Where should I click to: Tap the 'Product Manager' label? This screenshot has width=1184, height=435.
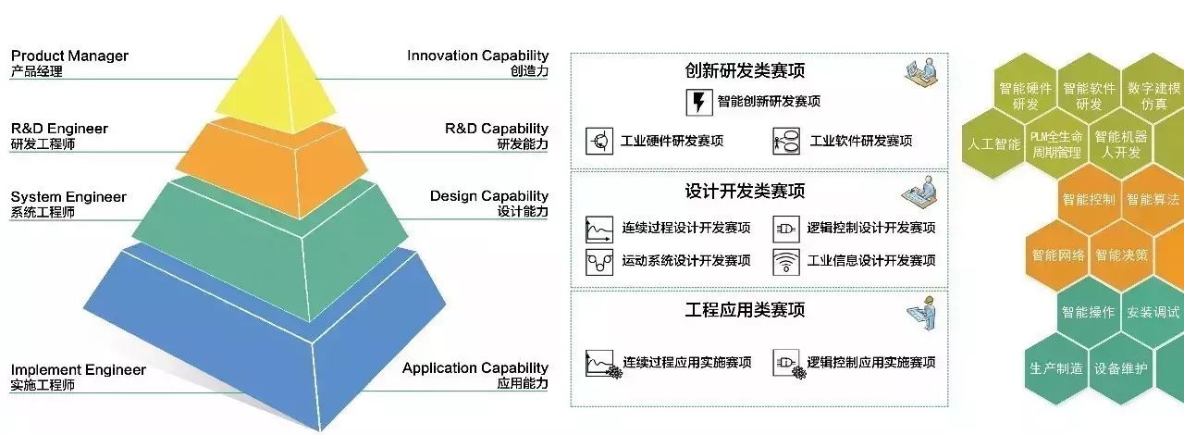pyautogui.click(x=69, y=56)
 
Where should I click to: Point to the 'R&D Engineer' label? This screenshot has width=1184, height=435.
pyautogui.click(x=59, y=129)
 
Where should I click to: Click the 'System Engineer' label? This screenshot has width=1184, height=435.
pyautogui.click(x=68, y=197)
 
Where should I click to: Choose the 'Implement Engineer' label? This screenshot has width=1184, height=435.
pyautogui.click(x=78, y=370)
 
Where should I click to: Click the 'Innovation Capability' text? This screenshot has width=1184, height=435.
pyautogui.click(x=477, y=56)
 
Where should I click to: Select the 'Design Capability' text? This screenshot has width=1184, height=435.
pyautogui.click(x=488, y=196)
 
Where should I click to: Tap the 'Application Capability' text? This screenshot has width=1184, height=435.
pyautogui.click(x=475, y=368)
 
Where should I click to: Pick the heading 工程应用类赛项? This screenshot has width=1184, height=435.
pyautogui.click(x=745, y=309)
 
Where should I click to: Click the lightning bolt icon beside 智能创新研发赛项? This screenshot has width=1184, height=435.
pyautogui.click(x=698, y=101)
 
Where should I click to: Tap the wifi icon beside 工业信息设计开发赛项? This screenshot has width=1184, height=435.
pyautogui.click(x=785, y=260)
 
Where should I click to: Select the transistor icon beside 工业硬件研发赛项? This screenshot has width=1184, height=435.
pyautogui.click(x=600, y=142)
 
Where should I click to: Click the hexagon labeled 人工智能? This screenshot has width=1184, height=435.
pyautogui.click(x=993, y=145)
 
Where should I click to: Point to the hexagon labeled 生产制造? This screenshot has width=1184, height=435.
pyautogui.click(x=1055, y=367)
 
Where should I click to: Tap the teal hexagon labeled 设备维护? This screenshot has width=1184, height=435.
pyautogui.click(x=1120, y=367)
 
